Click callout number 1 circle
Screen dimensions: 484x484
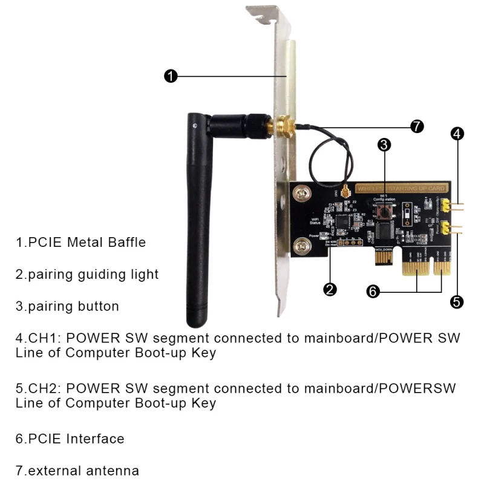171,76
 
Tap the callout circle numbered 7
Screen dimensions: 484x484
416,126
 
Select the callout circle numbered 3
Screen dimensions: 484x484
384,145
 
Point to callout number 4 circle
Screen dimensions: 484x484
457,134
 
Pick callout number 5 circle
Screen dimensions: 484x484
457,301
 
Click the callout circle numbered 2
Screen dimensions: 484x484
330,289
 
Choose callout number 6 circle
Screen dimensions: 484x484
374,292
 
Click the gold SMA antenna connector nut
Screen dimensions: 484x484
283,128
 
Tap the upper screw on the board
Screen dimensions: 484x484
301,195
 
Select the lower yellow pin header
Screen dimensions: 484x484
447,228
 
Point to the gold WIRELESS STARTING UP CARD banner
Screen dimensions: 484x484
401,189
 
